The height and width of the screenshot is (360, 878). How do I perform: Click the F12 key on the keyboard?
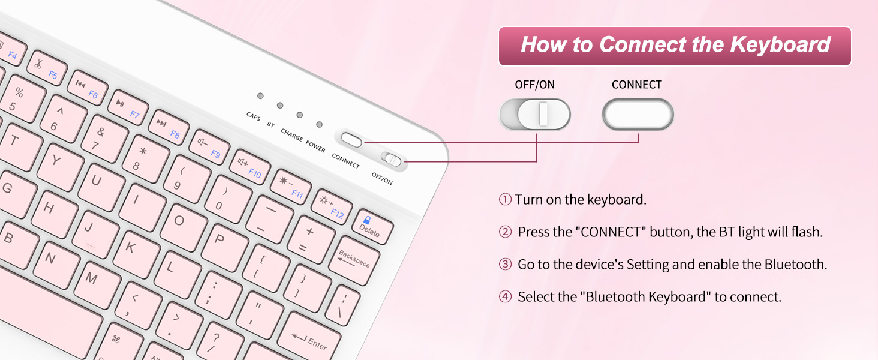(x=331, y=206)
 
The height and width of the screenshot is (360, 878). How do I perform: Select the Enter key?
(x=309, y=340)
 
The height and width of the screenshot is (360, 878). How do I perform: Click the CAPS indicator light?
(x=260, y=96)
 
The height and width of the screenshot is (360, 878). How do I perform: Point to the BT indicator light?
(x=279, y=106)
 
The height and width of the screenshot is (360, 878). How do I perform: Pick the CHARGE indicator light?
(x=299, y=115)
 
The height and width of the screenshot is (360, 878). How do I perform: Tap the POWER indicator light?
(x=319, y=124)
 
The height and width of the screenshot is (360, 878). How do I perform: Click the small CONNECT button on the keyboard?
(x=351, y=139)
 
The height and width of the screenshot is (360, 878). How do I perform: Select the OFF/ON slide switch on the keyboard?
(x=394, y=160)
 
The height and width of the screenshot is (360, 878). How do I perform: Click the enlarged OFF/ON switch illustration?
(x=535, y=114)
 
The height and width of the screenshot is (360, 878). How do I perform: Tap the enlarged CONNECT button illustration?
(x=638, y=114)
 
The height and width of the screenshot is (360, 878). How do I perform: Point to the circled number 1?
(x=505, y=200)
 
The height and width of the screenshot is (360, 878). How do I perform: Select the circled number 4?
(x=505, y=296)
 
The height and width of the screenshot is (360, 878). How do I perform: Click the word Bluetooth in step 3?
(x=795, y=264)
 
